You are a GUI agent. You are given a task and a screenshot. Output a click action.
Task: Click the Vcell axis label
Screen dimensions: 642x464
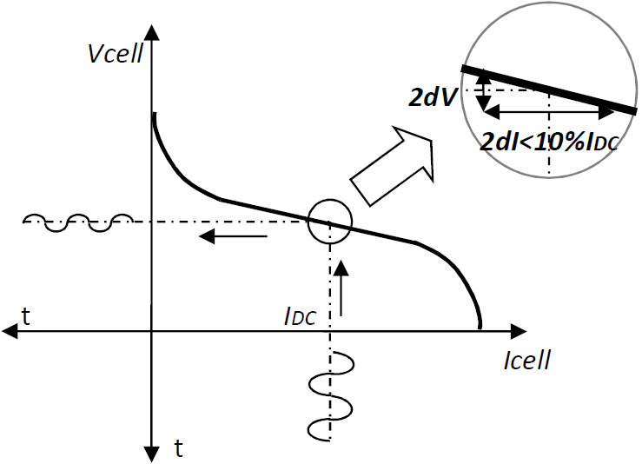pos(116,54)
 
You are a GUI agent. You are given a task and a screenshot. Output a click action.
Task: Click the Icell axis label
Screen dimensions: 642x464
pos(527,361)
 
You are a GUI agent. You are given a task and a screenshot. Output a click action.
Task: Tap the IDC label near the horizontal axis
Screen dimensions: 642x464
pos(300,317)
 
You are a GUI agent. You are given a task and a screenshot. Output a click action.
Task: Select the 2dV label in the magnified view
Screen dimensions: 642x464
pos(433,97)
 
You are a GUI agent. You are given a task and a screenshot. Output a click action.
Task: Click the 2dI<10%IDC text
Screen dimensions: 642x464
pos(549,143)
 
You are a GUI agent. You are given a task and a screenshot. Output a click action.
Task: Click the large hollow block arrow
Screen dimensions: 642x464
pos(392,166)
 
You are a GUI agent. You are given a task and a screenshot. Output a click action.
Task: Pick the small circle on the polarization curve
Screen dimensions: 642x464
pos(329,200)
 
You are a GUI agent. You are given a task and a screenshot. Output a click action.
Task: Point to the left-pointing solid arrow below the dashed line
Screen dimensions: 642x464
pos(233,235)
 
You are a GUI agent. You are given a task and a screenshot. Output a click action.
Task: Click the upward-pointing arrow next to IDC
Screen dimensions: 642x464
pos(341,288)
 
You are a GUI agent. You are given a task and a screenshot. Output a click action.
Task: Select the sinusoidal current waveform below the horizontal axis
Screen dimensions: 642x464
pos(331,396)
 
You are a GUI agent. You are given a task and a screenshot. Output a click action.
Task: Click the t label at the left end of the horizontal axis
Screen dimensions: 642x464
pos(26,317)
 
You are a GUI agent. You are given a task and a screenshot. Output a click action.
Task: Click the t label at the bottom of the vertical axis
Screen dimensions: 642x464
pos(178,448)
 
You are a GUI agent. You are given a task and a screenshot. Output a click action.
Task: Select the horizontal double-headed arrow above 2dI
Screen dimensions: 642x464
pos(549,111)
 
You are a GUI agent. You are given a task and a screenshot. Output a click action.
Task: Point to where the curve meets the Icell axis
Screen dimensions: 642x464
pos(480,328)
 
